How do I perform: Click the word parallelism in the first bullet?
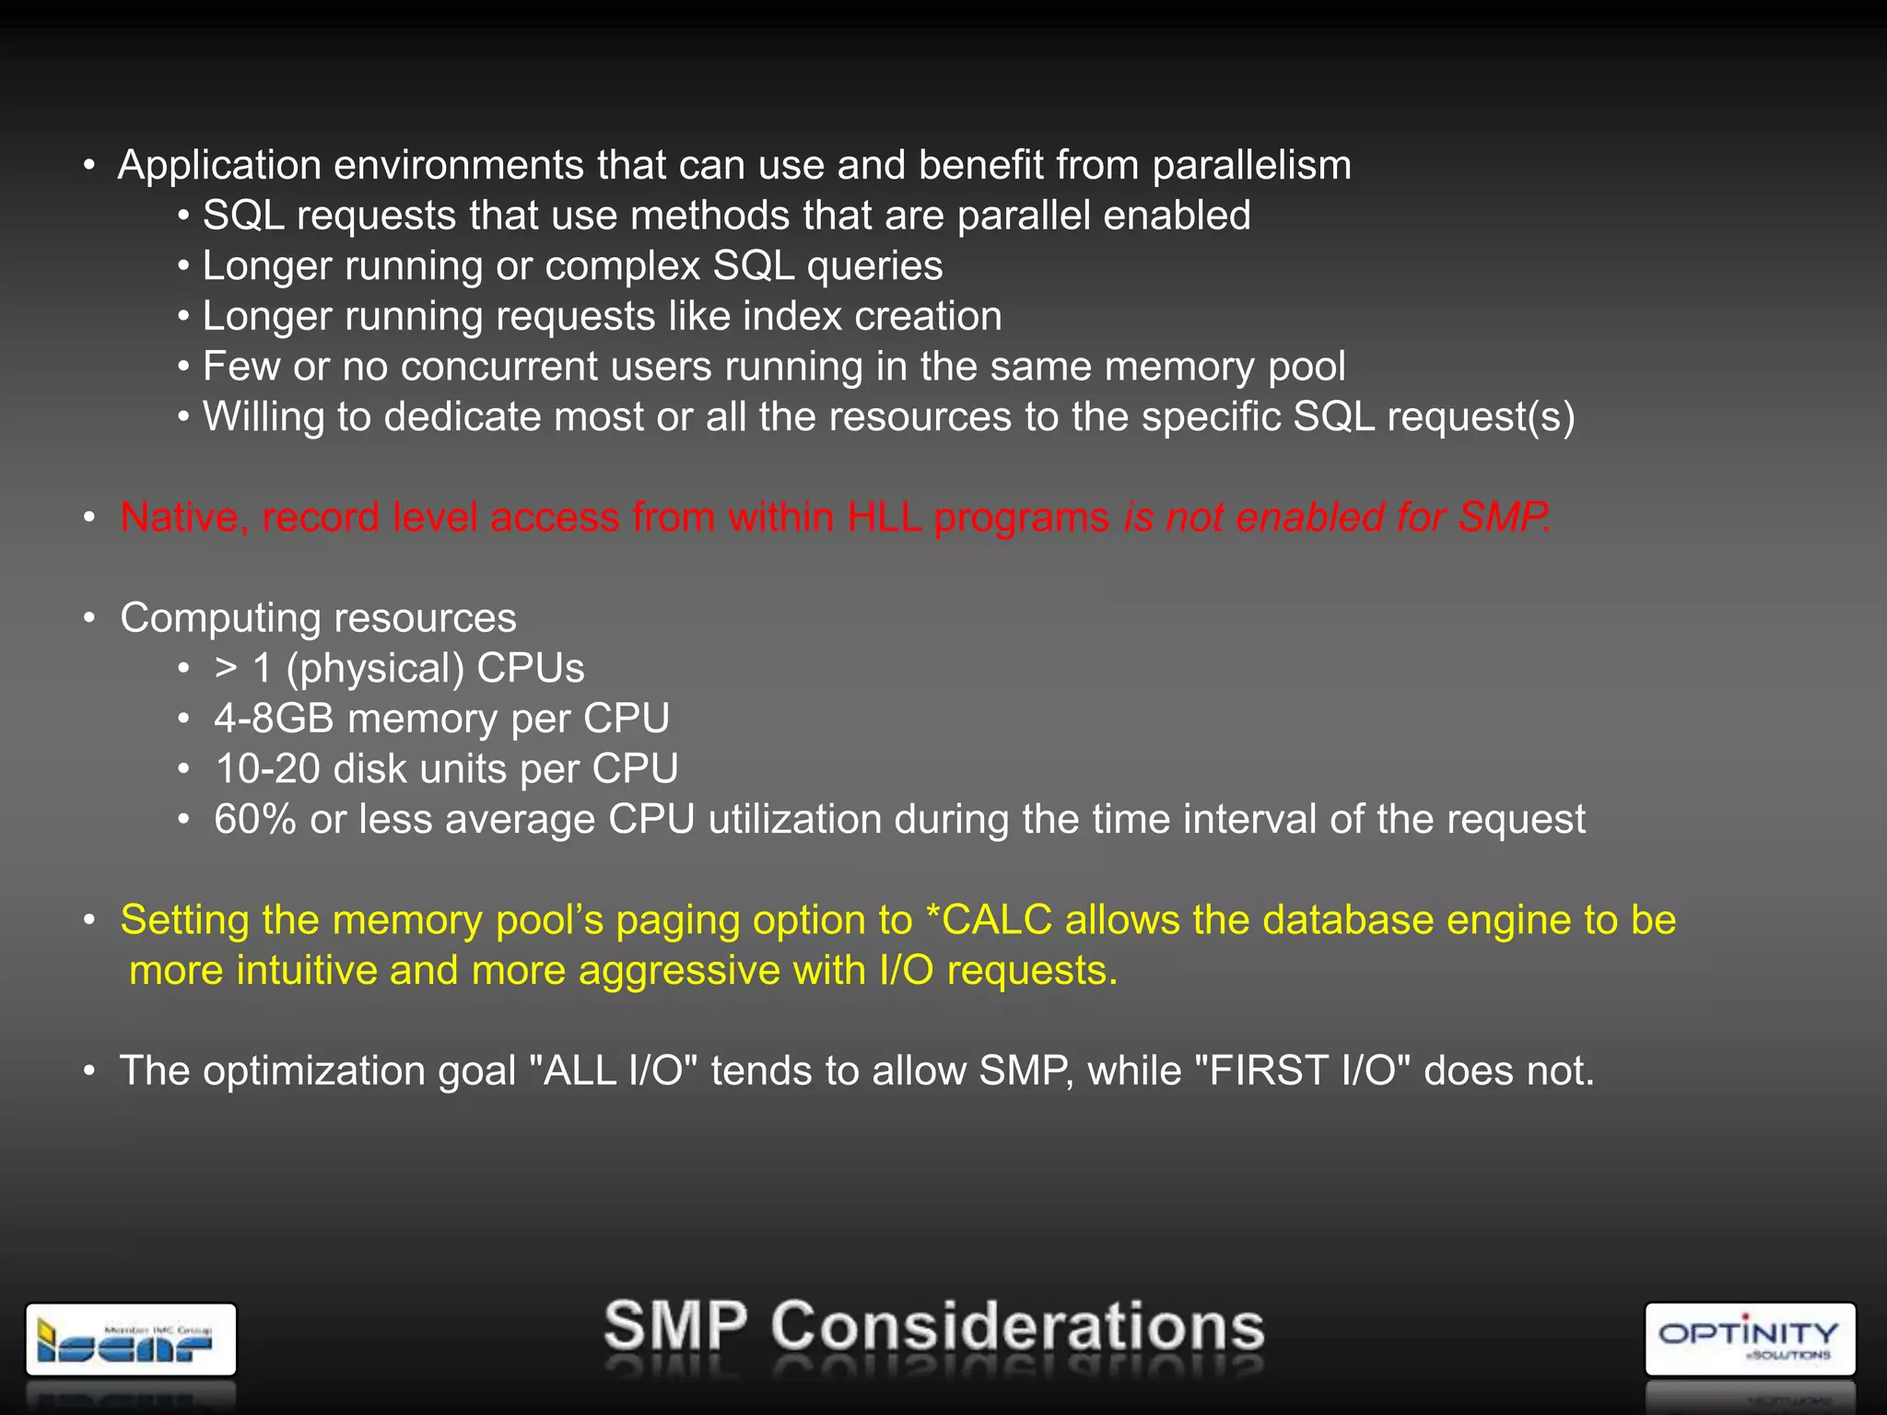tap(1251, 166)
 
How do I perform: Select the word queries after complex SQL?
tap(874, 266)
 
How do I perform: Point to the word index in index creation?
tap(791, 317)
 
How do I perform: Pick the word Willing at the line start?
tap(264, 416)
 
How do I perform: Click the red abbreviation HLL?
tap(884, 517)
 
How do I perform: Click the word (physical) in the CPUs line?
tap(370, 669)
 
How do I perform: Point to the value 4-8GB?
tap(274, 719)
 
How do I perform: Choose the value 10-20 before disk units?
tap(267, 769)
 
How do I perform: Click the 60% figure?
tap(254, 819)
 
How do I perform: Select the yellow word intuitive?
tap(307, 971)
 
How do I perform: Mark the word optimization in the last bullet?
tap(313, 1071)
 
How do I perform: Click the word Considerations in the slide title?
tap(1017, 1327)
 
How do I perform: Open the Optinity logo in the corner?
tap(1749, 1339)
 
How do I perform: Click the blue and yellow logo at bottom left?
tap(131, 1339)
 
